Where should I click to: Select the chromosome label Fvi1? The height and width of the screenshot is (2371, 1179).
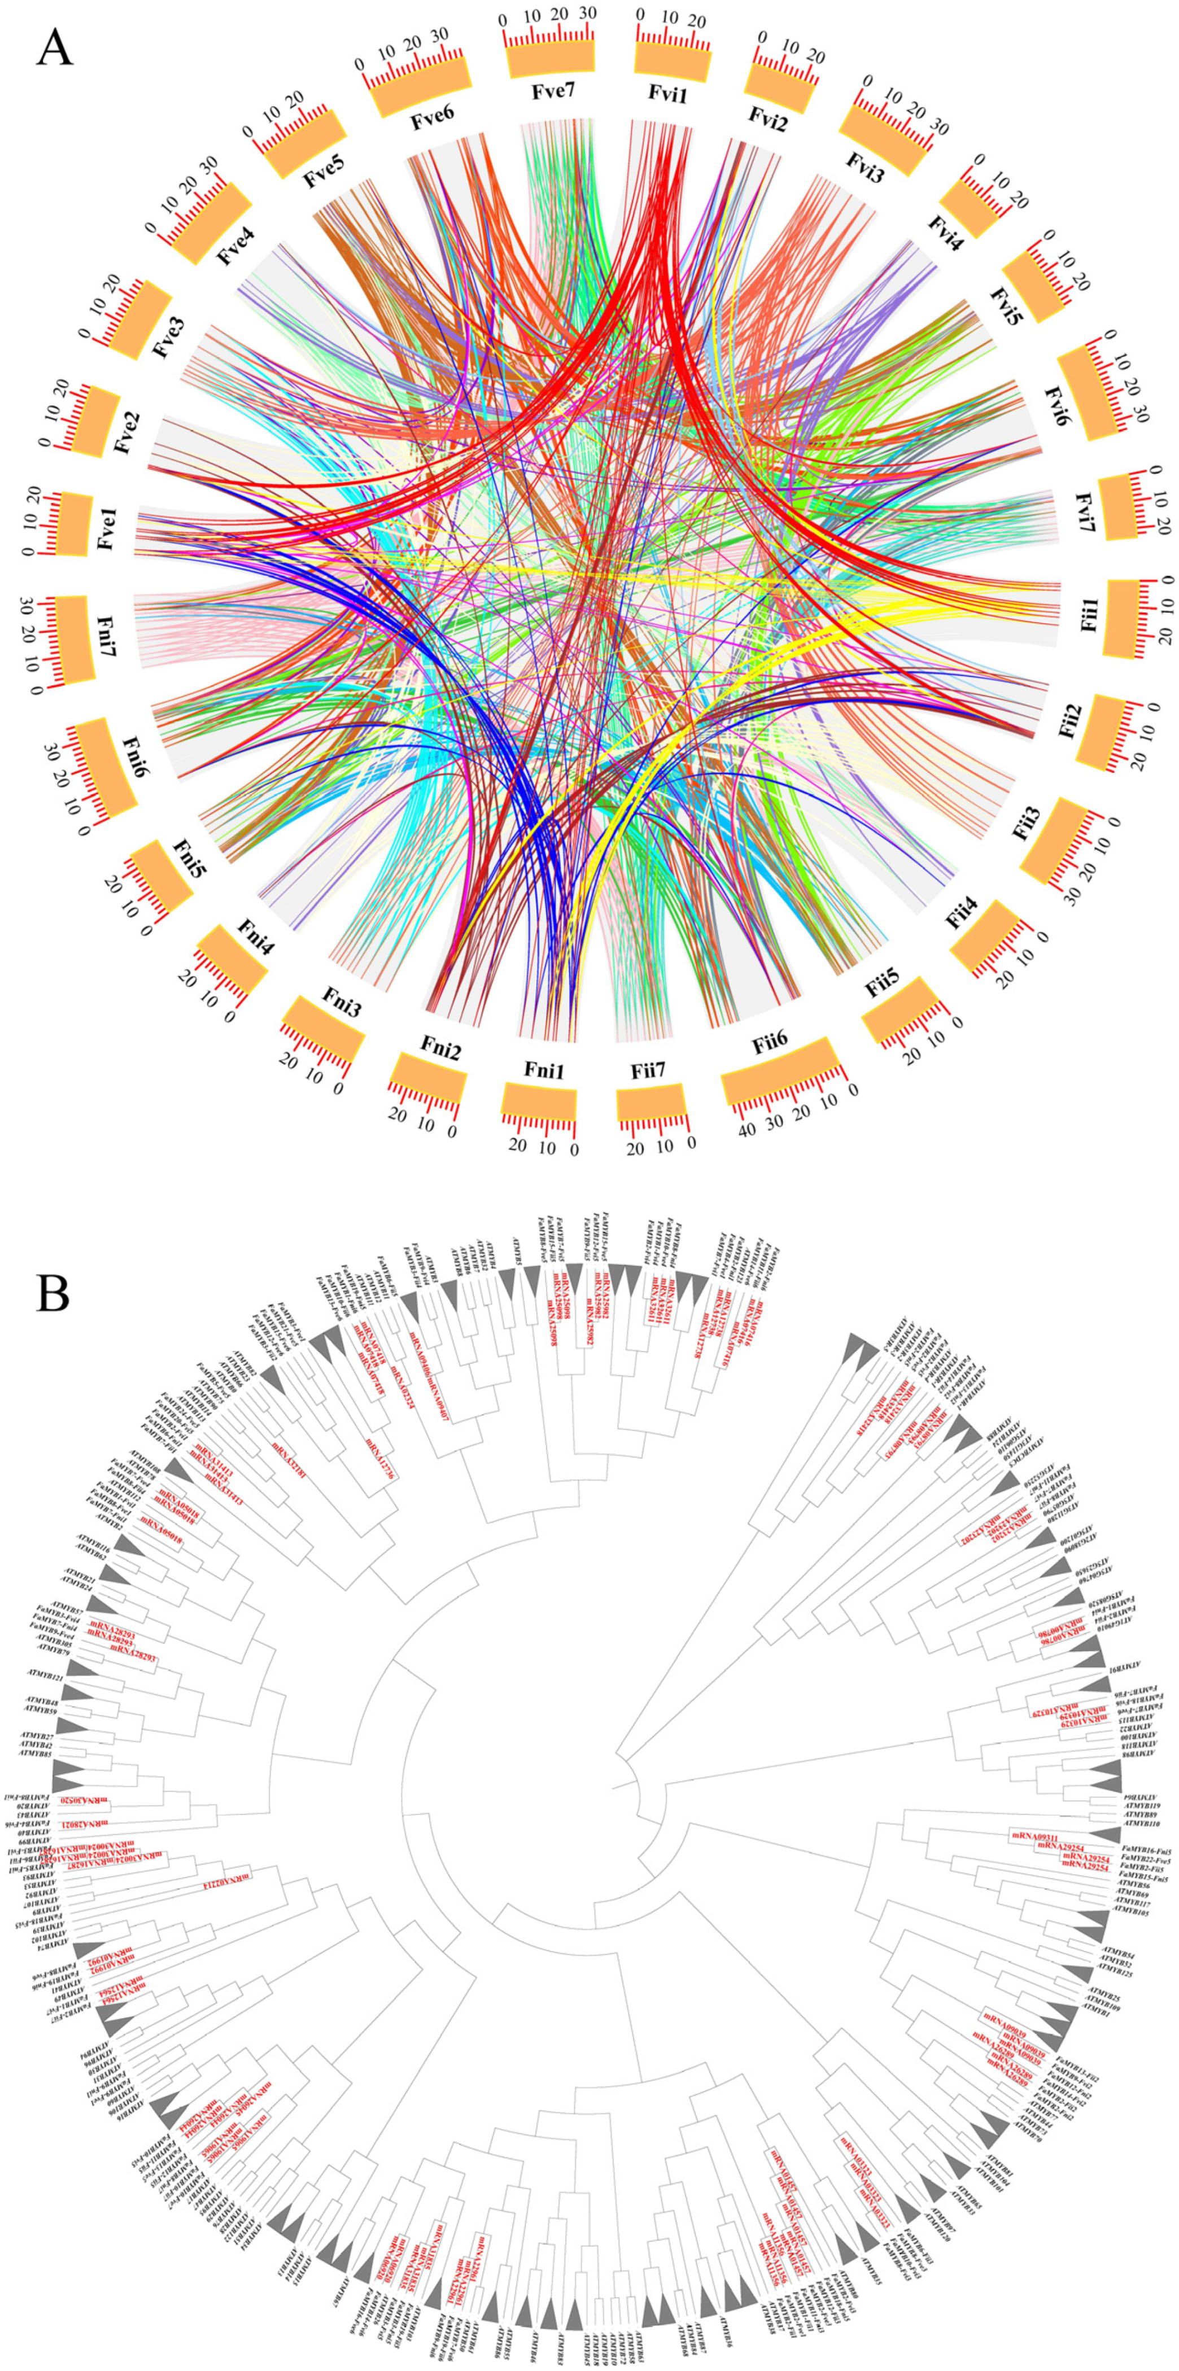[x=667, y=94]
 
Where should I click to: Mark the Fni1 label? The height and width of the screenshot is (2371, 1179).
[x=544, y=1070]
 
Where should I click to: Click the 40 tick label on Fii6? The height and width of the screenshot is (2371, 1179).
[x=746, y=1130]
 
